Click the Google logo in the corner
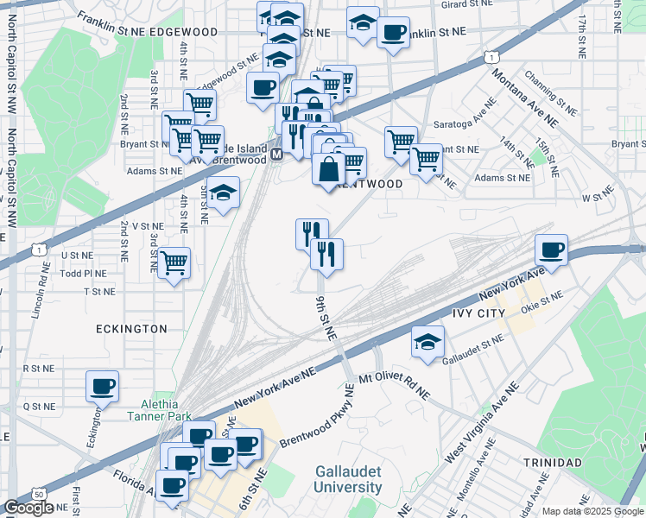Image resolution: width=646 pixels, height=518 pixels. tap(28, 508)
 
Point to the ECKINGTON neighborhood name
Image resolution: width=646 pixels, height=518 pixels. tap(131, 329)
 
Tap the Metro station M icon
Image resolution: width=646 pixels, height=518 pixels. tap(276, 155)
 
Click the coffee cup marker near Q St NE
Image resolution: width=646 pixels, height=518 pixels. tap(103, 386)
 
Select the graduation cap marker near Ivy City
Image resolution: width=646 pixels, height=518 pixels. tap(427, 342)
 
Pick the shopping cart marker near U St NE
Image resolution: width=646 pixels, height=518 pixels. tap(174, 262)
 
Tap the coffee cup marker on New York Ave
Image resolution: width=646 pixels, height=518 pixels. tap(551, 250)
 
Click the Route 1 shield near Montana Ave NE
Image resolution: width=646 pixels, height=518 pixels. tap(490, 57)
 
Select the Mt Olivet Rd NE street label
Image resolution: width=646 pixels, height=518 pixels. tap(394, 384)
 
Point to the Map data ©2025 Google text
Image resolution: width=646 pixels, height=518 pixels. tap(592, 511)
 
